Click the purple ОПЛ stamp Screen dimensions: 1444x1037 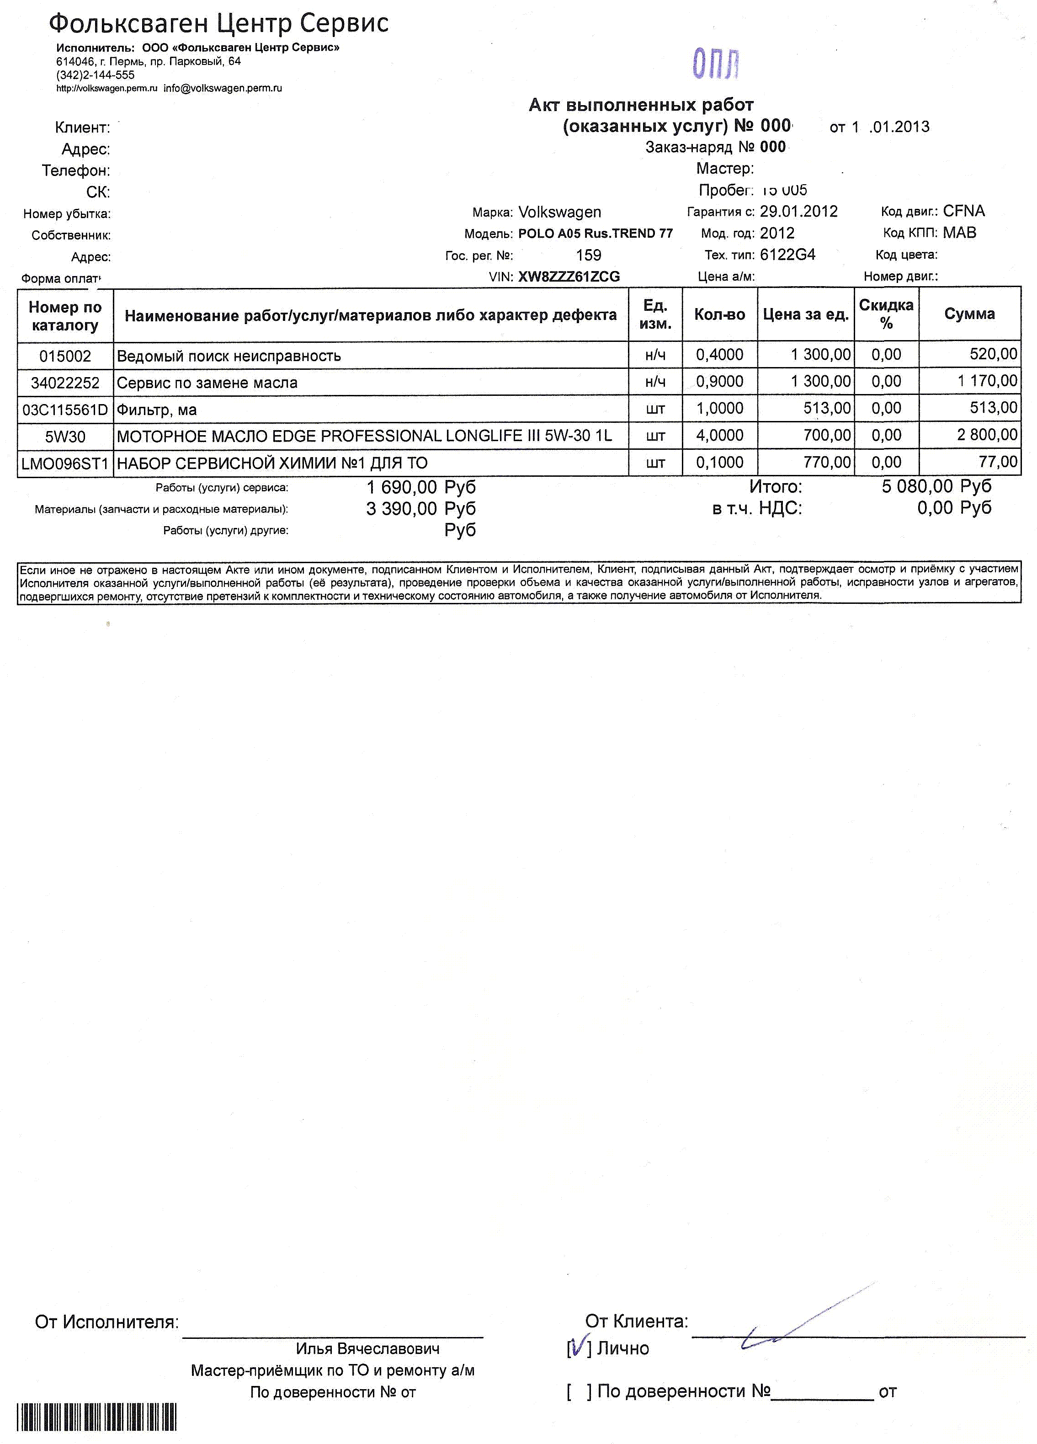tap(716, 63)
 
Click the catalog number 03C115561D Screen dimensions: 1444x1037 tap(65, 410)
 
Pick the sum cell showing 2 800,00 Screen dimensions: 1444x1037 tap(987, 435)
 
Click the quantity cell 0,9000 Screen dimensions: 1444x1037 tap(719, 381)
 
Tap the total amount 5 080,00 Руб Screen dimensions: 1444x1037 tap(936, 486)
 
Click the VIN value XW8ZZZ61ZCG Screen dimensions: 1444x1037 tap(569, 276)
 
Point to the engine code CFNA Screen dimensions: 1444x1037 tap(964, 211)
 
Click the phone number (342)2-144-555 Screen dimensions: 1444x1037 tap(96, 75)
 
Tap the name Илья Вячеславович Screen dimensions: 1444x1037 tap(367, 1348)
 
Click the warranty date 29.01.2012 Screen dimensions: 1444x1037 tap(798, 211)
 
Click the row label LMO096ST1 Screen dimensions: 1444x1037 tap(65, 464)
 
